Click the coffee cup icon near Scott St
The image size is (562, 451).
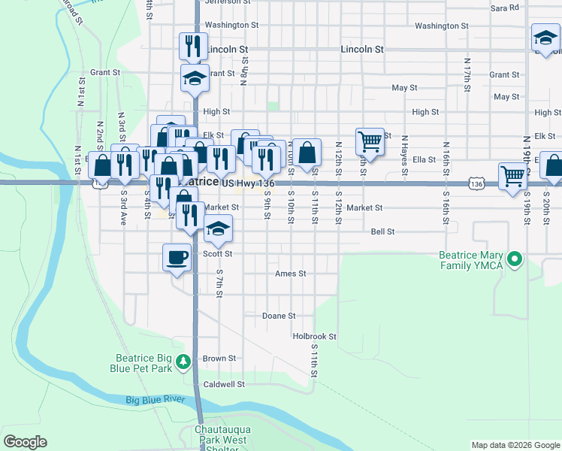[x=177, y=258]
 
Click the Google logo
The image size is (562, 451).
[x=25, y=442]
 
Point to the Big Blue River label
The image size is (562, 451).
[x=156, y=400]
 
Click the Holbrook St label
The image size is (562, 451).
[x=314, y=337]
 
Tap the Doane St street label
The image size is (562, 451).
[x=279, y=316]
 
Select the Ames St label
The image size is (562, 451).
[x=291, y=274]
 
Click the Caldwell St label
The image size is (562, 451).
[x=225, y=384]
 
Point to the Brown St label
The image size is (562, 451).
[x=219, y=359]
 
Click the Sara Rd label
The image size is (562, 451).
[x=504, y=8]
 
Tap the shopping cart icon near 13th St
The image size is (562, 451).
[x=370, y=141]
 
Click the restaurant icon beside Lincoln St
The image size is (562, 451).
[x=193, y=46]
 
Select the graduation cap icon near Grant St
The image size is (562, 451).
[x=195, y=77]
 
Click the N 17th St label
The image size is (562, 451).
[x=467, y=74]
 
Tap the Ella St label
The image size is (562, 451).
[x=425, y=160]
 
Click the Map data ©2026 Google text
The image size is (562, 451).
[x=515, y=445]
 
